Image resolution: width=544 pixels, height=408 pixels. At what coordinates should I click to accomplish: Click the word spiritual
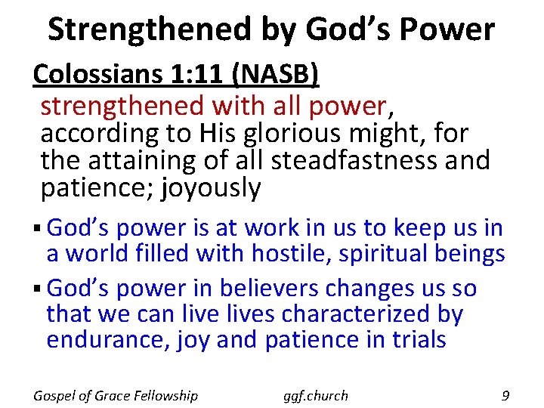click(x=384, y=253)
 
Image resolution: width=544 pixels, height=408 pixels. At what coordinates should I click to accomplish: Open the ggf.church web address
click(x=315, y=396)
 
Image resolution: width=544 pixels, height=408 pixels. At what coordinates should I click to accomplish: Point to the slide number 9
click(x=505, y=394)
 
